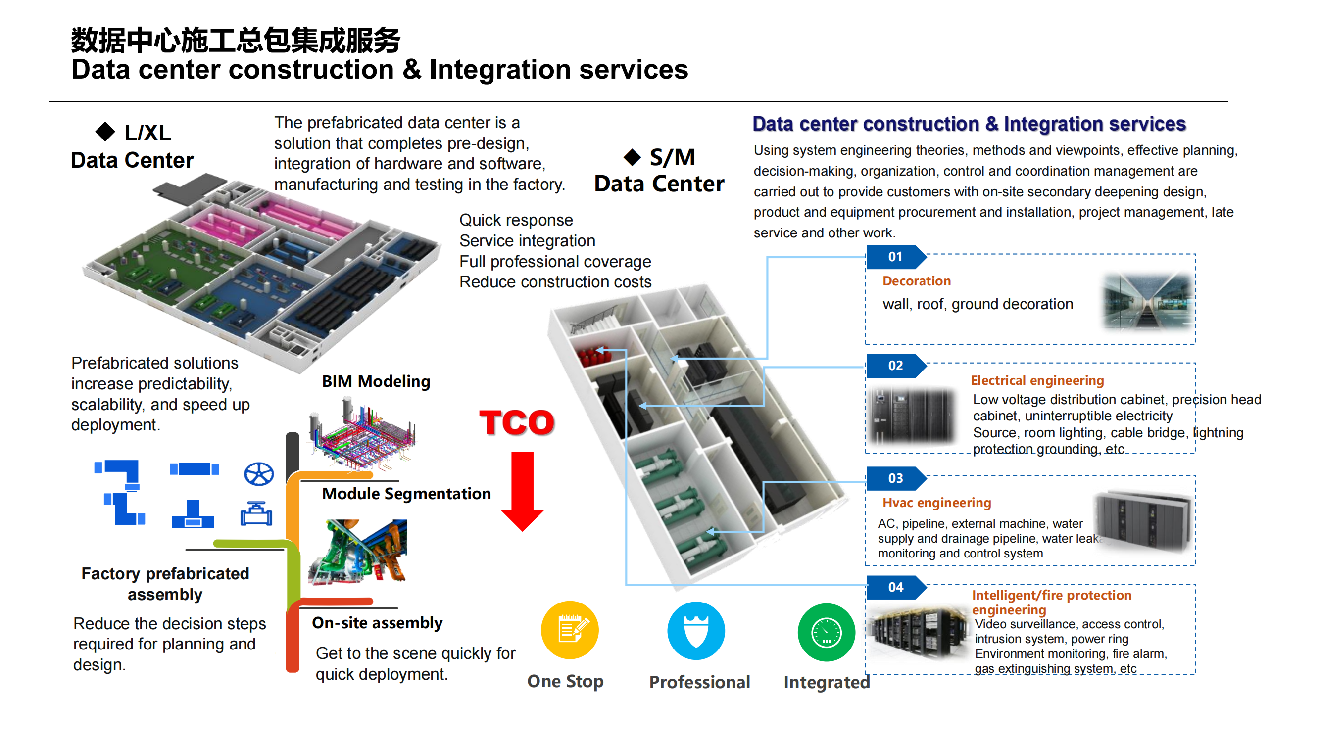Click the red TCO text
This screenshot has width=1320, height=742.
pyautogui.click(x=517, y=422)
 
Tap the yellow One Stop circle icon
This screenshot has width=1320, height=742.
pyautogui.click(x=570, y=630)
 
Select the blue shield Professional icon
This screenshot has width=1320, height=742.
pyautogui.click(x=696, y=631)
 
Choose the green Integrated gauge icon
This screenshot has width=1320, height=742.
pyautogui.click(x=826, y=632)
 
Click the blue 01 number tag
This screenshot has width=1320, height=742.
pyautogui.click(x=895, y=257)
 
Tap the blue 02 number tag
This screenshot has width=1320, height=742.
pyautogui.click(x=895, y=366)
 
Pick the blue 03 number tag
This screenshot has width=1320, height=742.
pyautogui.click(x=895, y=478)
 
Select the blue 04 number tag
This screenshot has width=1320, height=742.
pyautogui.click(x=895, y=587)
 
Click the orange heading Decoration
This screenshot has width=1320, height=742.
pyautogui.click(x=916, y=281)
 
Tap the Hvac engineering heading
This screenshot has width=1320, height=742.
pyautogui.click(x=936, y=503)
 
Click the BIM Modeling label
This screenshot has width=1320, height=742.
pyautogui.click(x=376, y=381)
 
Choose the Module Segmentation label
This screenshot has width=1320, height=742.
pyautogui.click(x=406, y=494)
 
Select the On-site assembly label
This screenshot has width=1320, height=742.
pyautogui.click(x=377, y=623)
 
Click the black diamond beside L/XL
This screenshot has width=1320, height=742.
pyautogui.click(x=105, y=132)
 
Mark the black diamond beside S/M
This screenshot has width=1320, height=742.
pyautogui.click(x=633, y=157)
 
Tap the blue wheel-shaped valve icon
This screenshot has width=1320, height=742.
pyautogui.click(x=259, y=474)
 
